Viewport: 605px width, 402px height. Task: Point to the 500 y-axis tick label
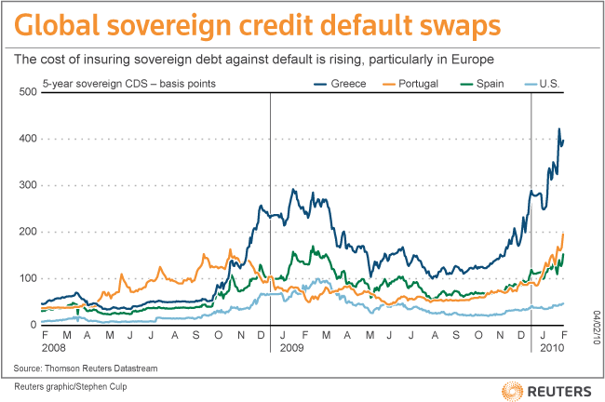tap(28, 92)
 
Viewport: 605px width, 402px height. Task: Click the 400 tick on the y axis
tap(28, 139)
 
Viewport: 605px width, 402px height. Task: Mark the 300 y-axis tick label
tap(28, 185)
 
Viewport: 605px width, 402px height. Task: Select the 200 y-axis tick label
tap(28, 232)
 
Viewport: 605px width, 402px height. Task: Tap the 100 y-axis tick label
tap(28, 278)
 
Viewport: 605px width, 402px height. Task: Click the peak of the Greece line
tap(559, 129)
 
